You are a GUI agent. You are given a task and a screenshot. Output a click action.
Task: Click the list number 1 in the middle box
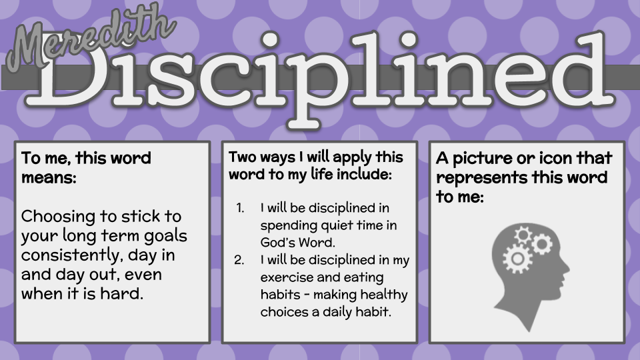pyautogui.click(x=241, y=207)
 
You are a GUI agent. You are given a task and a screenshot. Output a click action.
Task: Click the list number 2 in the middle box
pyautogui.click(x=240, y=260)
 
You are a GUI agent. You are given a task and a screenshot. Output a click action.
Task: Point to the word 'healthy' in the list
pyautogui.click(x=385, y=294)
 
